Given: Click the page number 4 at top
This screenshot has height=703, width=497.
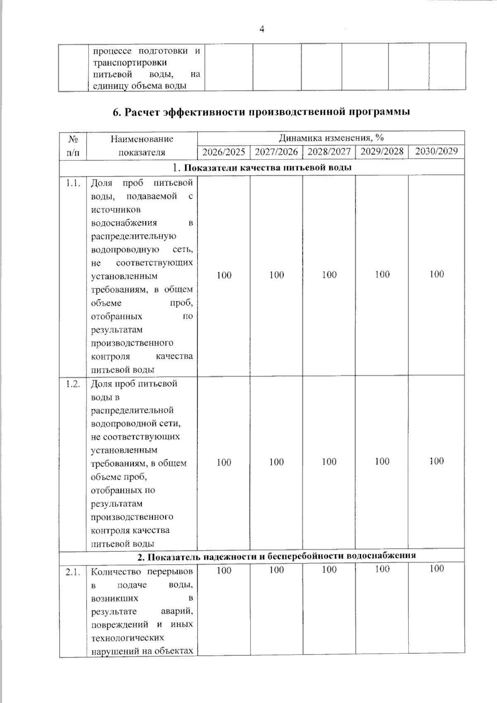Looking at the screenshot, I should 261,29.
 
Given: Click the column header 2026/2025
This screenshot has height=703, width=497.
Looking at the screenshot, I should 224,152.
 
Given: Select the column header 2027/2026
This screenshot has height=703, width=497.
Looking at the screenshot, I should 276,152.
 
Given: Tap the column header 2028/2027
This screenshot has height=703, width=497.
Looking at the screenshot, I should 329,152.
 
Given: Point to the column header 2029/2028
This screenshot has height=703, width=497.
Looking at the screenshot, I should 382,151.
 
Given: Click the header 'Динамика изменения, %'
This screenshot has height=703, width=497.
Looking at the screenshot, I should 331,138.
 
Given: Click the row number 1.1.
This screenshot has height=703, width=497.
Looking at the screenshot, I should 73,183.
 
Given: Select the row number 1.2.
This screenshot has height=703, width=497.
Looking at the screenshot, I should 73,384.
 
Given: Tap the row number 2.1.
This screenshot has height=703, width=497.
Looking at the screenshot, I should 73,573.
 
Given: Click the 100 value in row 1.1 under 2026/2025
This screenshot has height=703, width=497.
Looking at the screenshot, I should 224,275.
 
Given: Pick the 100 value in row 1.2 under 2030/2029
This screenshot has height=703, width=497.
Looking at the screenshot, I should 437,461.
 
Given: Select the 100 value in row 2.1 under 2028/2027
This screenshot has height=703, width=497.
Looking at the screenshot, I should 329,570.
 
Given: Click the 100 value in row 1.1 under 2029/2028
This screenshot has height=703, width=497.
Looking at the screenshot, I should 382,274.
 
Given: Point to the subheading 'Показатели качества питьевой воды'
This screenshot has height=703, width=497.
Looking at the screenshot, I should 268,168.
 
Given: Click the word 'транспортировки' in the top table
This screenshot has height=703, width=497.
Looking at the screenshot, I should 130,63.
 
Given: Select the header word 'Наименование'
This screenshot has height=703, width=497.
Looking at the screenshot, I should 142,139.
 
